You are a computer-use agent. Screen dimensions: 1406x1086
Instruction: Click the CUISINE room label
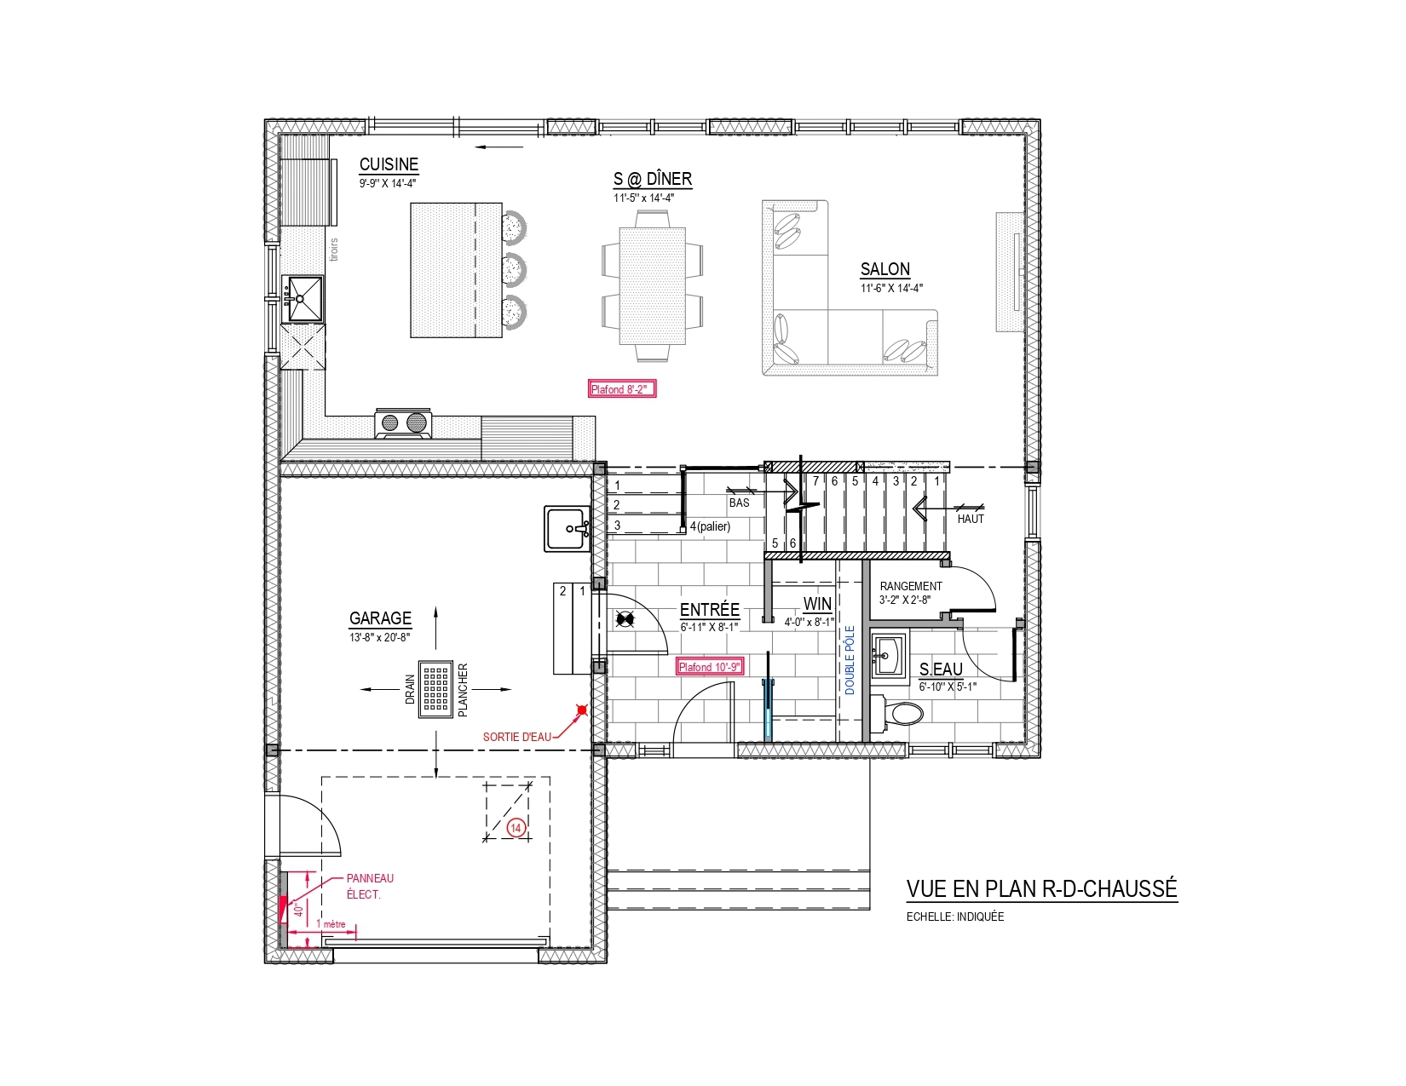click(x=389, y=164)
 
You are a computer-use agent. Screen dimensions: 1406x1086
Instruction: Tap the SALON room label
click(x=885, y=269)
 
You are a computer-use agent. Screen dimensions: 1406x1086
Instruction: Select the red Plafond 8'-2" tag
click(x=622, y=388)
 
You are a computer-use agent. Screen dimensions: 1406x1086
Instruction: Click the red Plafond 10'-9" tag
click(x=710, y=667)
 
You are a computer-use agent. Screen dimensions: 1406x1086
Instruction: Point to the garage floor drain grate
click(x=435, y=689)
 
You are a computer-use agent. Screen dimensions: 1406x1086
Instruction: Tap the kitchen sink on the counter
click(x=304, y=299)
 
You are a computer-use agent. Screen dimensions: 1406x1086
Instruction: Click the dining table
click(x=652, y=286)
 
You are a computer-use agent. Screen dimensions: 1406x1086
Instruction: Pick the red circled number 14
click(x=516, y=828)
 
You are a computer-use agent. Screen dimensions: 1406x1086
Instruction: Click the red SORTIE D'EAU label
click(x=517, y=737)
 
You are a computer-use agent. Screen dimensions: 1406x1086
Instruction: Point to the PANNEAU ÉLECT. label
click(x=370, y=886)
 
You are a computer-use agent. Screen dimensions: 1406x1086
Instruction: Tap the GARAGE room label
click(x=380, y=618)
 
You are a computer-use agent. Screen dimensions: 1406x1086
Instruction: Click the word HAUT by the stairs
click(x=971, y=519)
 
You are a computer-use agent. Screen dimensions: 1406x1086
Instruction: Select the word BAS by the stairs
click(x=739, y=503)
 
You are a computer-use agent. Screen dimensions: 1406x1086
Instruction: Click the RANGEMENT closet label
click(x=911, y=586)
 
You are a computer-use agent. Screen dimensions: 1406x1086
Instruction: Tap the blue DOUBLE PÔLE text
click(x=850, y=660)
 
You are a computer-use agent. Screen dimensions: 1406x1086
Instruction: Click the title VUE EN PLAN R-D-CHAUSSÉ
click(x=1042, y=888)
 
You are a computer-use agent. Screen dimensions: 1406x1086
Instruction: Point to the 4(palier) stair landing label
click(x=710, y=526)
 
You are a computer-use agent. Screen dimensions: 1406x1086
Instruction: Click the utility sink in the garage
click(x=568, y=528)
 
